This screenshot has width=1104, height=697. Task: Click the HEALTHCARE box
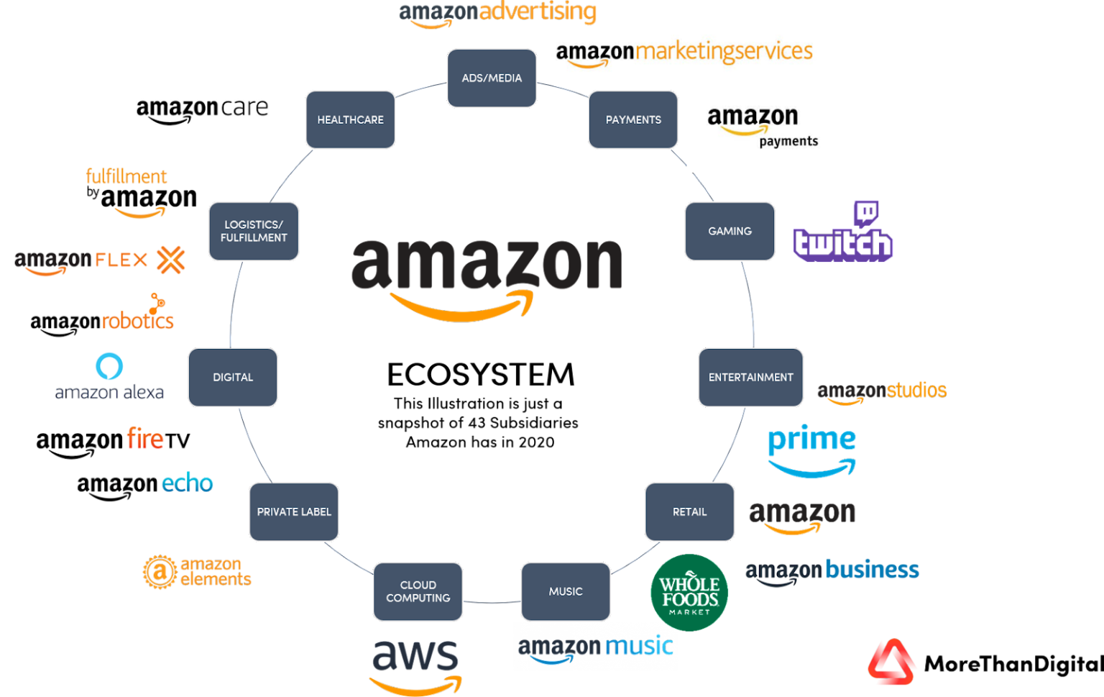tap(350, 119)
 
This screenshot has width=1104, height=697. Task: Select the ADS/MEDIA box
tap(492, 78)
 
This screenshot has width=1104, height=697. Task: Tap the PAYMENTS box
tap(633, 119)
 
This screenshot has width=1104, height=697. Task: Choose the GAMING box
tap(730, 231)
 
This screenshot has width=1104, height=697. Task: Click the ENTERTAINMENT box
tap(750, 377)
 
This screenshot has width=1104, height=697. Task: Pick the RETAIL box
tap(689, 511)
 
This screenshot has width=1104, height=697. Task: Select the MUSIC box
tap(566, 591)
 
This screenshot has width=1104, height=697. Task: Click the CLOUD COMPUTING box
tap(418, 591)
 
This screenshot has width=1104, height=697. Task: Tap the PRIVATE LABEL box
tap(294, 511)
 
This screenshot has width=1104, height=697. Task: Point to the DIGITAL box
tap(233, 377)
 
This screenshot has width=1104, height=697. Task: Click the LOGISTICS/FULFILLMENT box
tap(253, 231)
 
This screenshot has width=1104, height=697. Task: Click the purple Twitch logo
tap(842, 234)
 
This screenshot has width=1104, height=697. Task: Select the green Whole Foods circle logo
tap(689, 592)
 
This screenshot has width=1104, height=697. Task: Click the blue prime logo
tap(812, 450)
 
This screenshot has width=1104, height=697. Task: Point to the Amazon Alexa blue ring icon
tap(109, 366)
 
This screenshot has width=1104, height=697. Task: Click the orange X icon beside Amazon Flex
tap(171, 260)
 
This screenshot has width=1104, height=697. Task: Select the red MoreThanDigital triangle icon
tap(891, 662)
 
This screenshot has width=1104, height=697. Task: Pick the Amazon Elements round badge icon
tap(160, 573)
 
